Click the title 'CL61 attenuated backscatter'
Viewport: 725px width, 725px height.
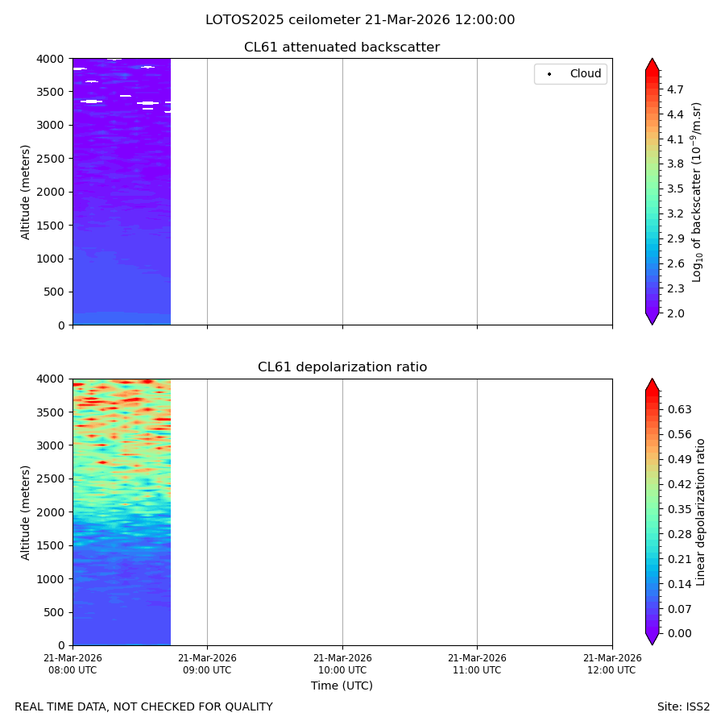[x=342, y=48]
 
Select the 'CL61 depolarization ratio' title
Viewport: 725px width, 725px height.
[x=342, y=367]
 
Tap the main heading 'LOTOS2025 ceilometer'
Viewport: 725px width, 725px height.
[x=283, y=20]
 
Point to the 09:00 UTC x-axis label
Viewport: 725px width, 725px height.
[x=207, y=664]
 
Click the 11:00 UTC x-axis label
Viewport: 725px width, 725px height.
[x=477, y=664]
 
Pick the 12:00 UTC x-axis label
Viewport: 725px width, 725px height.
[x=612, y=664]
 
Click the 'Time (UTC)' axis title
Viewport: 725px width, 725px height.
[x=342, y=686]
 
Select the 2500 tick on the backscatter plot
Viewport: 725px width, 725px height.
[x=51, y=159]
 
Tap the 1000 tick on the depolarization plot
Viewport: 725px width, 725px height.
[x=51, y=579]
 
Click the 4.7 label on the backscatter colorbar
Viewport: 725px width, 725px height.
[x=675, y=89]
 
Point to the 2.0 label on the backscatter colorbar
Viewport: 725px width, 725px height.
[x=675, y=313]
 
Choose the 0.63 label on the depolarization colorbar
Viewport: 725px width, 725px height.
[x=679, y=410]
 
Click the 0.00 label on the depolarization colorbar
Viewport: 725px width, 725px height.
[x=679, y=633]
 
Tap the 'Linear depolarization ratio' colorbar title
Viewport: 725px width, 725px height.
[x=700, y=512]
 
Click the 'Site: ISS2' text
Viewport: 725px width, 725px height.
[x=683, y=707]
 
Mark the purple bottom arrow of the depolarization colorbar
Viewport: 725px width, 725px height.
[x=652, y=639]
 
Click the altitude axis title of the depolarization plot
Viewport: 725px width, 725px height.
[x=25, y=512]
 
